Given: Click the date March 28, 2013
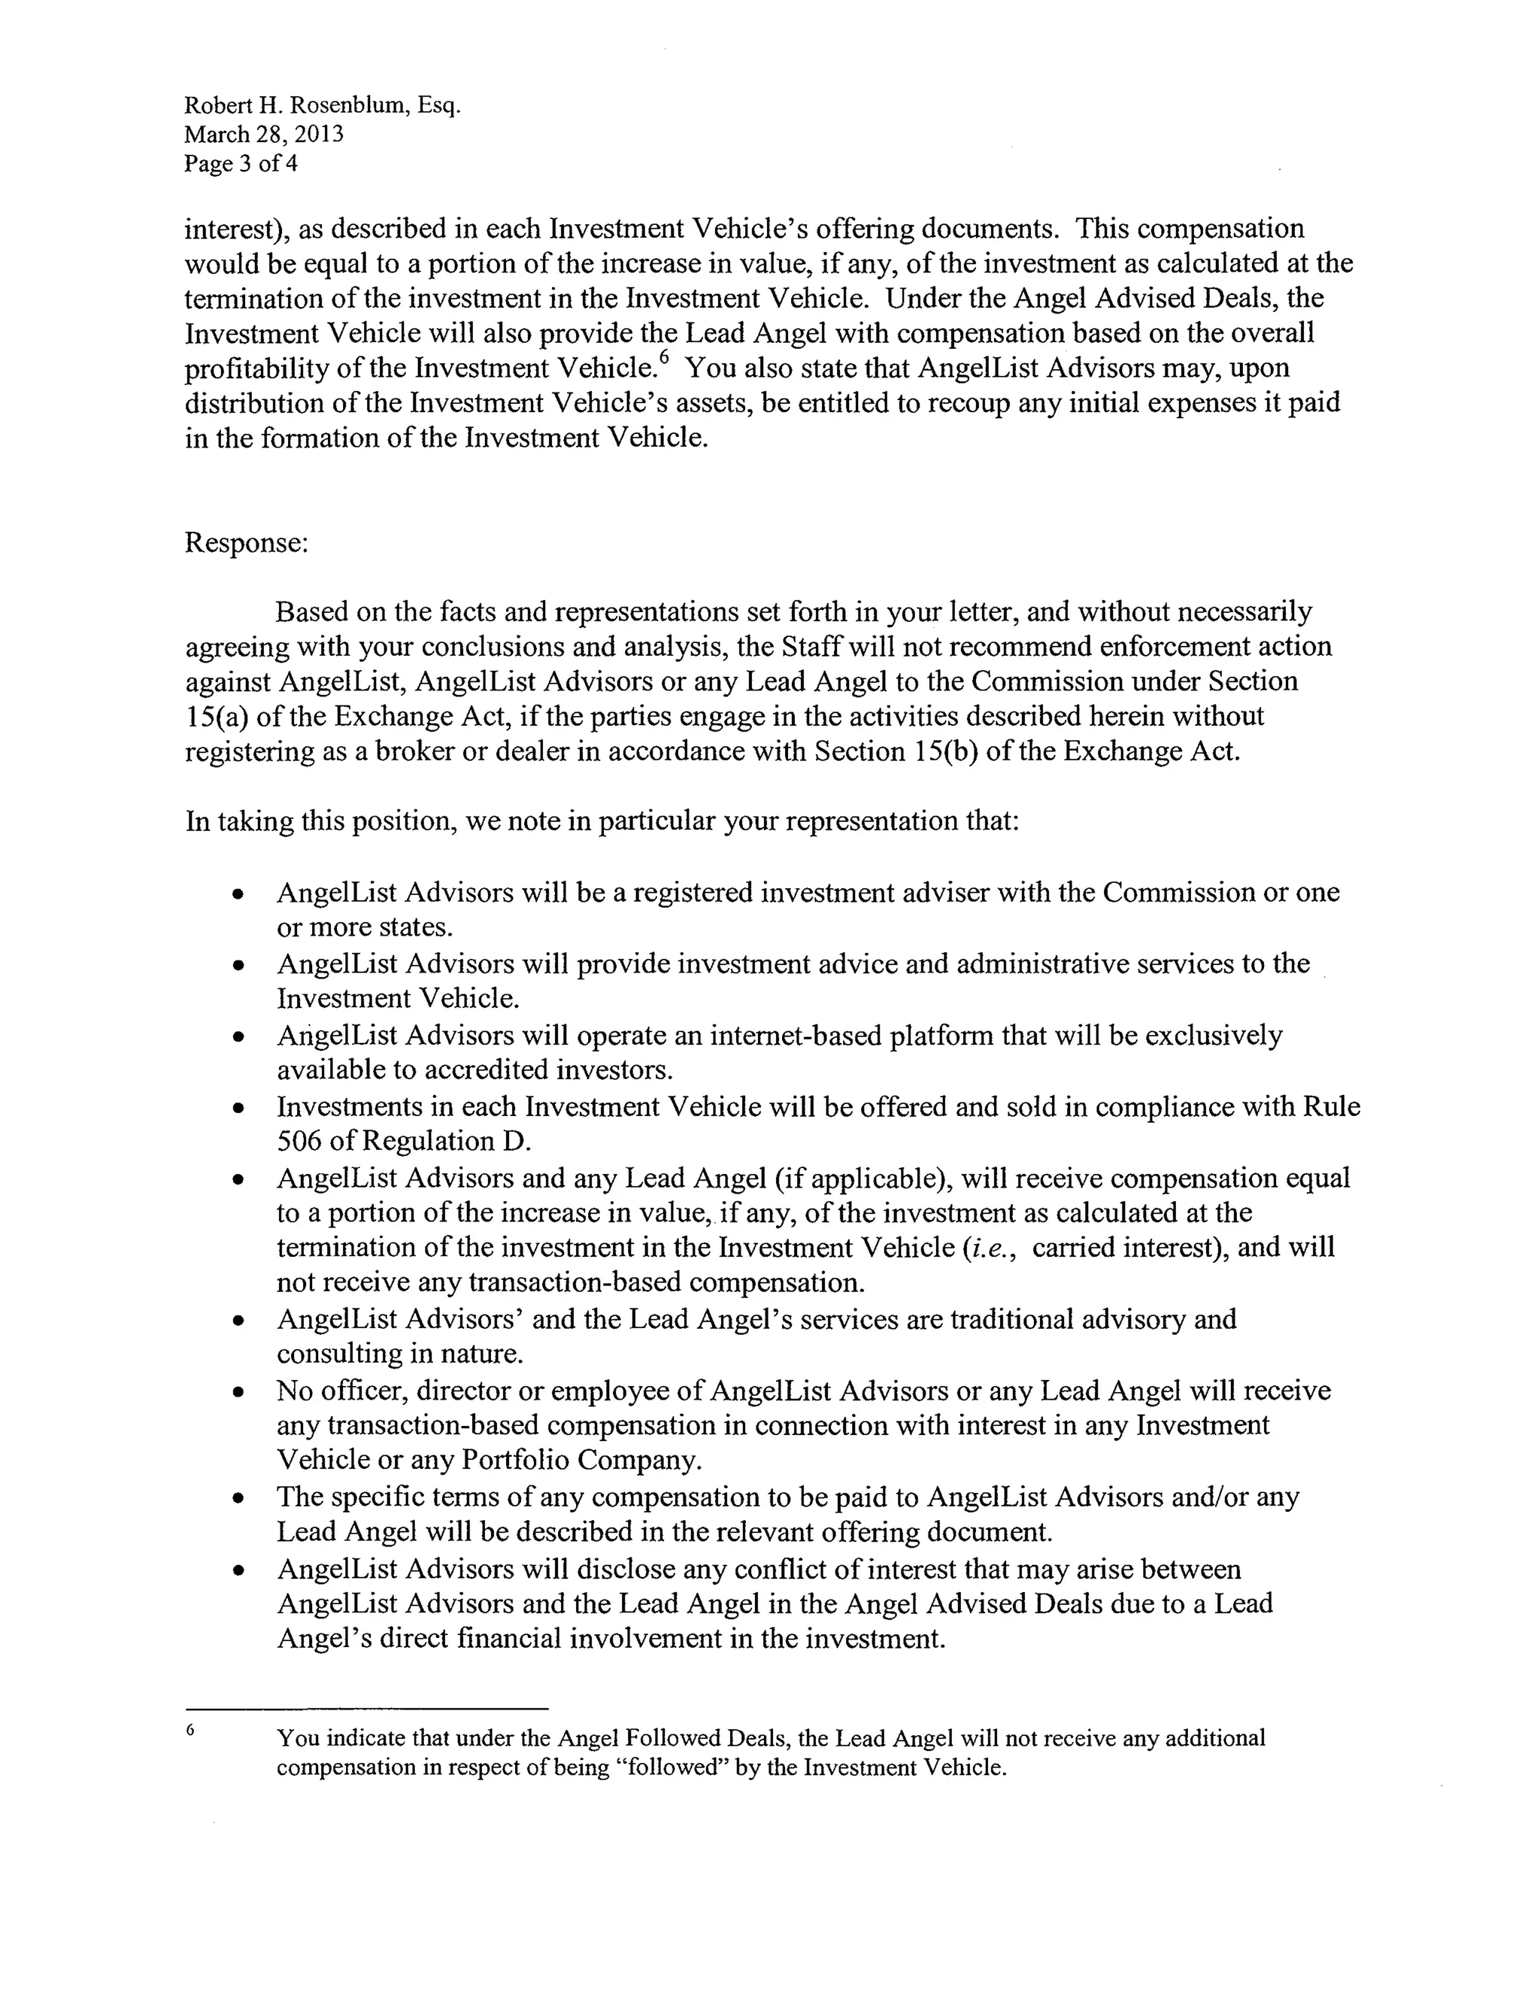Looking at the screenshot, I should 263,135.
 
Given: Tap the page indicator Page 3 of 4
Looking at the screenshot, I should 241,164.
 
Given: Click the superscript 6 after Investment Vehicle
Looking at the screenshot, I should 663,359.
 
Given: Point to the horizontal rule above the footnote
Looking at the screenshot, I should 366,1709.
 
